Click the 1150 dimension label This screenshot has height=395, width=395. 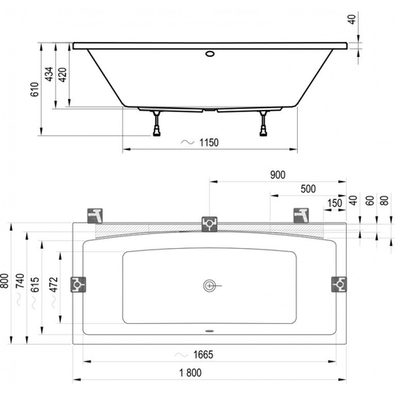coord(209,143)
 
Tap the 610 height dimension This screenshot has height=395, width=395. coord(35,89)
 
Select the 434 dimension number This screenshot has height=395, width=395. coord(49,74)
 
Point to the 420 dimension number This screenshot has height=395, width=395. coord(62,75)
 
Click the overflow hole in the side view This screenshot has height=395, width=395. coord(210,54)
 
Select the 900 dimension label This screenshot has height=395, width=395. coord(278,175)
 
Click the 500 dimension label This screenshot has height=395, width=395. coord(308,189)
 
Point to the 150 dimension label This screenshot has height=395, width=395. coord(335,203)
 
